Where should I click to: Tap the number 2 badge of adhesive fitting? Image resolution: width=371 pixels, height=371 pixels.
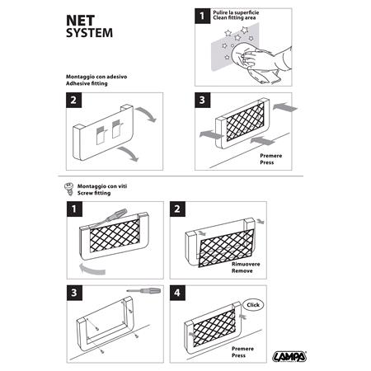[x=75, y=101]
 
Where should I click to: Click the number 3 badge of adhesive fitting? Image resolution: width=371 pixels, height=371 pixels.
[x=205, y=101]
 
